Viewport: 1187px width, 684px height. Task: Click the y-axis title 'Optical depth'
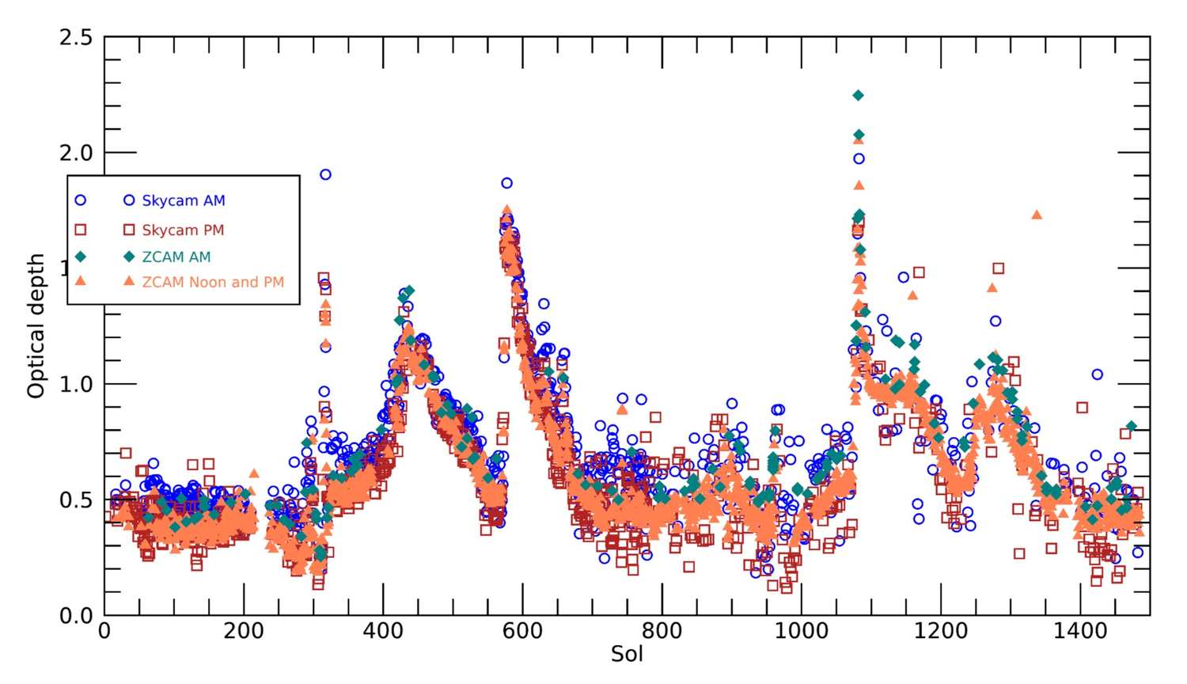coord(36,325)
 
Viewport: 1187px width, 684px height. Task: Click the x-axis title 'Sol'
coord(627,655)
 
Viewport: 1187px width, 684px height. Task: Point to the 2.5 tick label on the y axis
coord(76,38)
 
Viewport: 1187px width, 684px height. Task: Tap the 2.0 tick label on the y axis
coord(76,153)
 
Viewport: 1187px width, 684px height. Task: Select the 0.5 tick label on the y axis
coord(76,500)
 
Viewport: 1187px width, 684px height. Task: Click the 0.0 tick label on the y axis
coord(76,616)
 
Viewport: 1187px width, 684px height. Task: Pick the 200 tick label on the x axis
coord(244,633)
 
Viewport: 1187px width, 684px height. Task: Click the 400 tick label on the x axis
coord(383,633)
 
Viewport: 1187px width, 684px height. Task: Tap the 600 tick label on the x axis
coord(522,633)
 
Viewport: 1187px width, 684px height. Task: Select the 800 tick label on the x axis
coord(662,633)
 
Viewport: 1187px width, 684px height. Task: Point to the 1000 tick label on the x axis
coord(801,633)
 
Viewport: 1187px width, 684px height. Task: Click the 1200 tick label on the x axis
coord(940,633)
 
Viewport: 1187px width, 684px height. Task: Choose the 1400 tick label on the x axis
coord(1079,633)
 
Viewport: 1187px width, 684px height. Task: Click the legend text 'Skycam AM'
coord(184,201)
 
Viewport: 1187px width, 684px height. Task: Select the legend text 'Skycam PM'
coord(183,230)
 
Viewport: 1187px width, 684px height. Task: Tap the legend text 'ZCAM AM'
coord(176,257)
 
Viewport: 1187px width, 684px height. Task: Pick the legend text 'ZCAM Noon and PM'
coord(213,283)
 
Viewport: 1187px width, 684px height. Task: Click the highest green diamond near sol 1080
coord(858,96)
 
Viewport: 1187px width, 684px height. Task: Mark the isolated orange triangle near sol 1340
coord(1037,215)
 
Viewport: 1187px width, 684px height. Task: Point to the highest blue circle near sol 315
coord(325,175)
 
